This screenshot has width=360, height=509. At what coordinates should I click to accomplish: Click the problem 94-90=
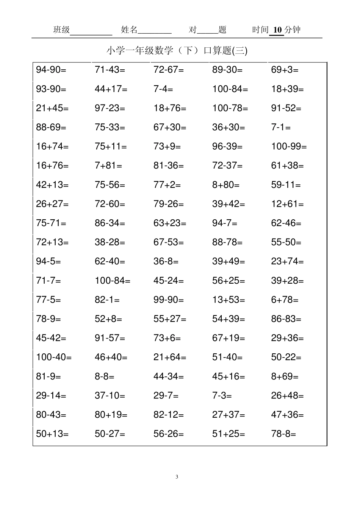click(51, 70)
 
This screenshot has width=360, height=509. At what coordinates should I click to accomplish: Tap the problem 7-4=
click(163, 89)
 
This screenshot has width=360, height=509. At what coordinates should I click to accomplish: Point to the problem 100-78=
click(230, 108)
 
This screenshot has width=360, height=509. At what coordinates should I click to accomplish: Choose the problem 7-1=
click(281, 127)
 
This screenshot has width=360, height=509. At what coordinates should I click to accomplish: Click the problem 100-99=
click(288, 147)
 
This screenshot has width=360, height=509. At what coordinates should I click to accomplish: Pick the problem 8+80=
click(225, 185)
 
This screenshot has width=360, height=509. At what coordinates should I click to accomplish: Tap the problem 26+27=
click(52, 204)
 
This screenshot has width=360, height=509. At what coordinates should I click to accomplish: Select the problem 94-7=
click(224, 223)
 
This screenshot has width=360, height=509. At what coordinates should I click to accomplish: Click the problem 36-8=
click(166, 261)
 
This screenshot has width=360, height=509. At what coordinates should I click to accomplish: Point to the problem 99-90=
click(168, 300)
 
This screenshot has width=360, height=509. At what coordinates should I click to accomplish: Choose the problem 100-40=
click(53, 357)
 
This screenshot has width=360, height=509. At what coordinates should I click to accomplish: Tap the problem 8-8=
click(104, 376)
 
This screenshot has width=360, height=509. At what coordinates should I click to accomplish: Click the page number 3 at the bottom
click(177, 476)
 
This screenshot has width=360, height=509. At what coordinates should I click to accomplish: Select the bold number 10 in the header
click(278, 30)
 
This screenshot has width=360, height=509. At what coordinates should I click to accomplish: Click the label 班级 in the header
click(61, 30)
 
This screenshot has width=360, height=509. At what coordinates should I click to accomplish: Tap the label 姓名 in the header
click(129, 30)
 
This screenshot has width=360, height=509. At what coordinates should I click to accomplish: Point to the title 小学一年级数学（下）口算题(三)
click(177, 50)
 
